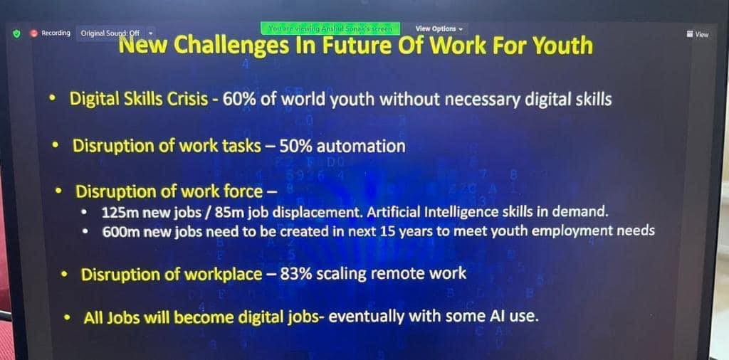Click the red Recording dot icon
click(33, 33)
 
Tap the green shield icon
click(17, 33)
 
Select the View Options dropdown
click(439, 28)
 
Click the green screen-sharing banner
click(330, 28)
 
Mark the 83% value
click(295, 274)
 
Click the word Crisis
click(190, 100)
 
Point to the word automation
click(361, 147)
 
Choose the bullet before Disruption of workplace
click(65, 275)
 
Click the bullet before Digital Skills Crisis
click(53, 99)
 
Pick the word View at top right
click(702, 34)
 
